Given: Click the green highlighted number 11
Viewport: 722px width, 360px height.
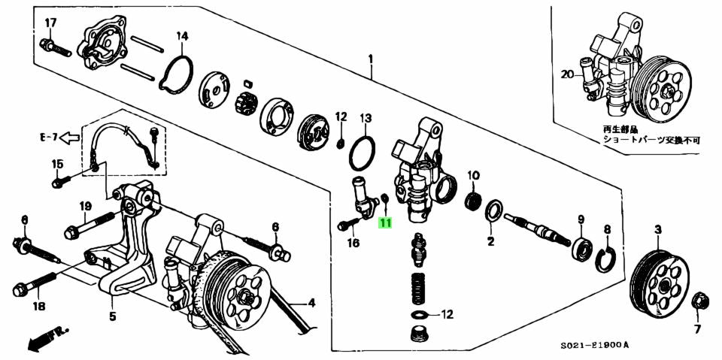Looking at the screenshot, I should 385,222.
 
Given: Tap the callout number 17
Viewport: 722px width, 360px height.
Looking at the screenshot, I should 50,23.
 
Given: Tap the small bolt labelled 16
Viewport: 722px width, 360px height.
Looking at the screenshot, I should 347,225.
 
